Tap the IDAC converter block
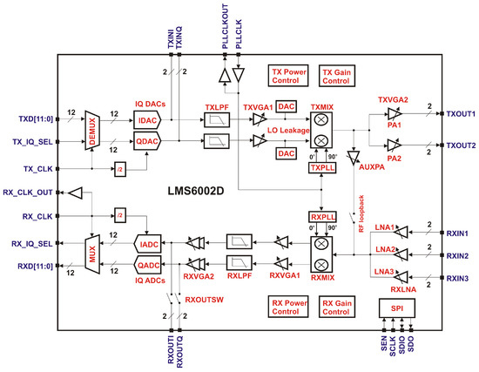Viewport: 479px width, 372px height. pos(146,119)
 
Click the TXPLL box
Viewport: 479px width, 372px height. pos(322,166)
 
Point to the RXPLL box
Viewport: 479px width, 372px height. pos(322,217)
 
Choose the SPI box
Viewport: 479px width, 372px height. pos(397,308)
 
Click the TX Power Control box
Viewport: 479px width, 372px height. pos(284,76)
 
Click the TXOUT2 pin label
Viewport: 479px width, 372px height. pos(462,145)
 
